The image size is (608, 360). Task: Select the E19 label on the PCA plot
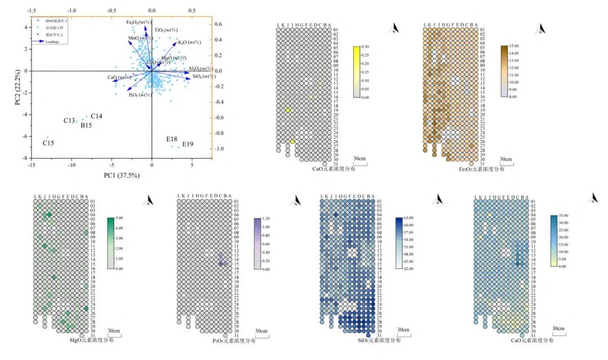pyautogui.click(x=187, y=145)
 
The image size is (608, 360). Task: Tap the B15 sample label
pyautogui.click(x=86, y=125)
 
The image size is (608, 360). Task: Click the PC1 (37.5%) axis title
pyautogui.click(x=122, y=175)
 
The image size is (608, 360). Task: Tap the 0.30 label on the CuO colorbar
pyautogui.click(x=365, y=47)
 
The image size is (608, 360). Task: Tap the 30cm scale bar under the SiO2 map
pyautogui.click(x=403, y=331)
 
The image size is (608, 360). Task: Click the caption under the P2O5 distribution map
pyautogui.click(x=234, y=341)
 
